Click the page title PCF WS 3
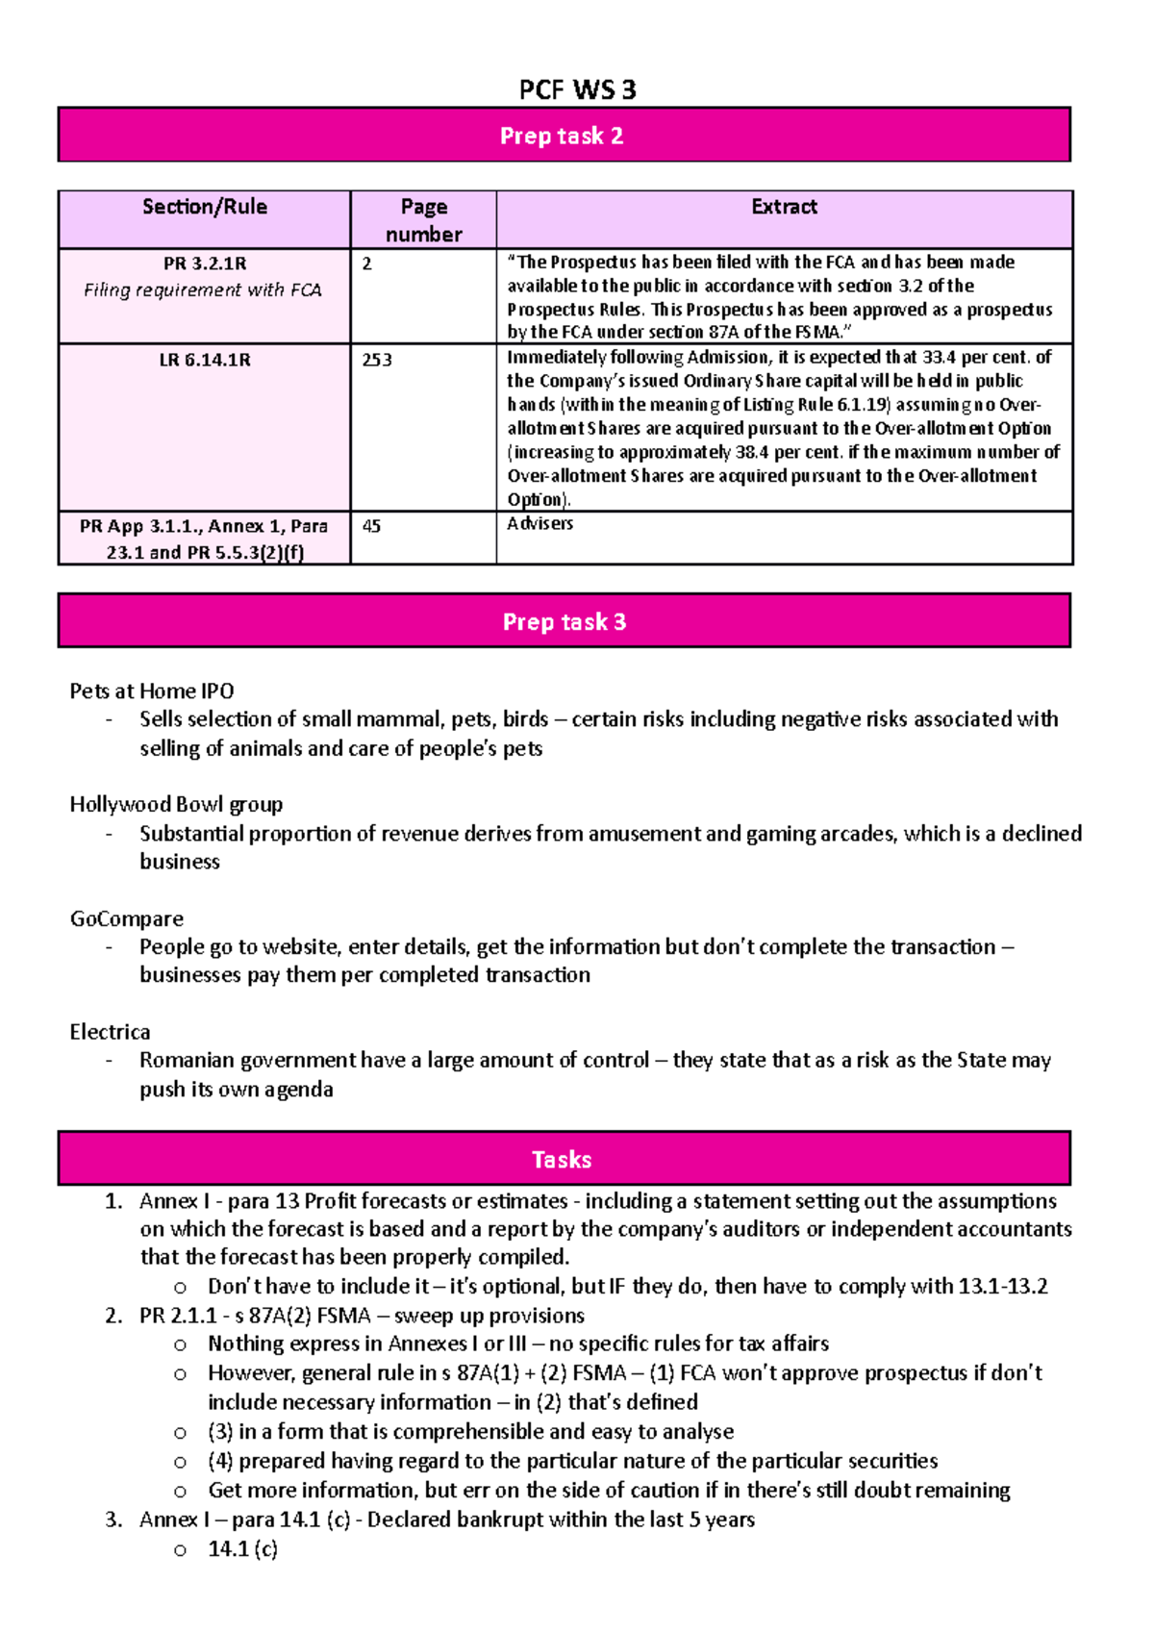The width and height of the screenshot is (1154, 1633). pos(577,89)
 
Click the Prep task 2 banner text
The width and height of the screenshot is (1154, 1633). pos(562,136)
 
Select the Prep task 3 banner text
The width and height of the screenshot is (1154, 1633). pos(564,621)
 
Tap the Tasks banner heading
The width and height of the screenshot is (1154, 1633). pos(562,1159)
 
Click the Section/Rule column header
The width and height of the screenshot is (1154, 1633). pos(204,207)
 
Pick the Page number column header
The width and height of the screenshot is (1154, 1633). pos(423,220)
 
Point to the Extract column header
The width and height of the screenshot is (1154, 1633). pos(784,207)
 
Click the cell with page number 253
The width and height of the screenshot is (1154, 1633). pos(377,360)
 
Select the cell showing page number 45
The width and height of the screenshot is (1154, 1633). pos(371,526)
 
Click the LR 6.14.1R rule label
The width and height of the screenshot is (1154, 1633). pos(204,360)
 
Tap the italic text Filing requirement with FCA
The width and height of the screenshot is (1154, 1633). pos(202,289)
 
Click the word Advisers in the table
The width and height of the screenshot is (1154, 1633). pos(539,523)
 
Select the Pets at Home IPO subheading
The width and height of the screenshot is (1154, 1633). pos(151,691)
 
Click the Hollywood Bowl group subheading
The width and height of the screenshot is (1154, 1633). pos(176,804)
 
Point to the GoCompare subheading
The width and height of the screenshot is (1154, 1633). pos(126,918)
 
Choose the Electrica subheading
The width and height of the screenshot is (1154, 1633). pos(110,1032)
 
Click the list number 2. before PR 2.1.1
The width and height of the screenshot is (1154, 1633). pos(113,1316)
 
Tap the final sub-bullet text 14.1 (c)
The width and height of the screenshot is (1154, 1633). pos(242,1548)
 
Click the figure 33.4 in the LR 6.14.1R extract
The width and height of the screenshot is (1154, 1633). pos(939,357)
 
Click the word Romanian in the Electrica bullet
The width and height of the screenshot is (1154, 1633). pos(187,1060)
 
